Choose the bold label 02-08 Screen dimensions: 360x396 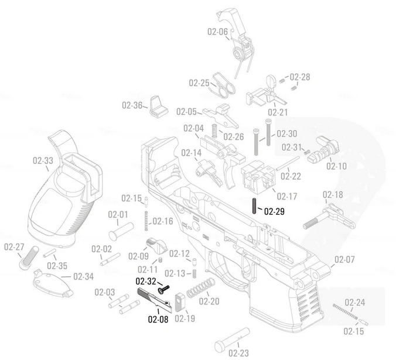[x=158, y=319]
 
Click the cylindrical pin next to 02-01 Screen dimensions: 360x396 [x=119, y=232]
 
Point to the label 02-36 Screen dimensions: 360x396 [x=132, y=105]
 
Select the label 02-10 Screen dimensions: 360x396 [x=336, y=166]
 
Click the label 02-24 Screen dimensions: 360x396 [x=354, y=302]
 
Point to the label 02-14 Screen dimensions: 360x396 [x=191, y=153]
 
